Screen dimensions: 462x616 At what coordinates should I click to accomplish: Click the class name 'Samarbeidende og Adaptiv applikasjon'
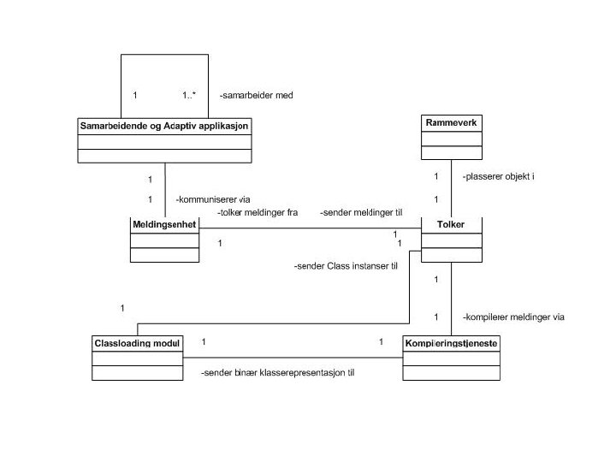pos(165,125)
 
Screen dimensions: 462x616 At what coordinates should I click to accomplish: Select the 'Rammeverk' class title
pos(451,123)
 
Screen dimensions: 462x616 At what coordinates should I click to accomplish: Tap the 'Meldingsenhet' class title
pos(164,224)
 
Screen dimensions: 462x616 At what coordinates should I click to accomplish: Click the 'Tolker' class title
pos(451,224)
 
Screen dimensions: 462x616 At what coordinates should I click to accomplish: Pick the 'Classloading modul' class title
pos(137,343)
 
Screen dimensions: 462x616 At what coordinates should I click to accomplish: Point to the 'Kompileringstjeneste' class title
pos(451,343)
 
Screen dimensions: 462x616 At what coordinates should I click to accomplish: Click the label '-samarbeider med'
pos(257,96)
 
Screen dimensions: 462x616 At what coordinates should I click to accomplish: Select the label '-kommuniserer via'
pos(212,199)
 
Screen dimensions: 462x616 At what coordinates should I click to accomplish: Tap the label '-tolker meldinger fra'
pos(257,212)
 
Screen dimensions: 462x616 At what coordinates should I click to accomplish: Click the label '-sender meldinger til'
pos(360,212)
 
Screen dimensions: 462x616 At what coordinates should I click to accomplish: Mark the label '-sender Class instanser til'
pos(346,266)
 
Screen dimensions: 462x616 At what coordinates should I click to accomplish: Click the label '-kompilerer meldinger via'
pos(513,317)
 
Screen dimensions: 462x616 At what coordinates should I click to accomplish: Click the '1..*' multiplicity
pos(189,96)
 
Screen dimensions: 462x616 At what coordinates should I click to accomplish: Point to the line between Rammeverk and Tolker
pos(451,188)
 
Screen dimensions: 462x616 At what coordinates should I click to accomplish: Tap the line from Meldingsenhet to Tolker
pos(308,228)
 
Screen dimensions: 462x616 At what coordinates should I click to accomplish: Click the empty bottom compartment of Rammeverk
pos(451,152)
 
